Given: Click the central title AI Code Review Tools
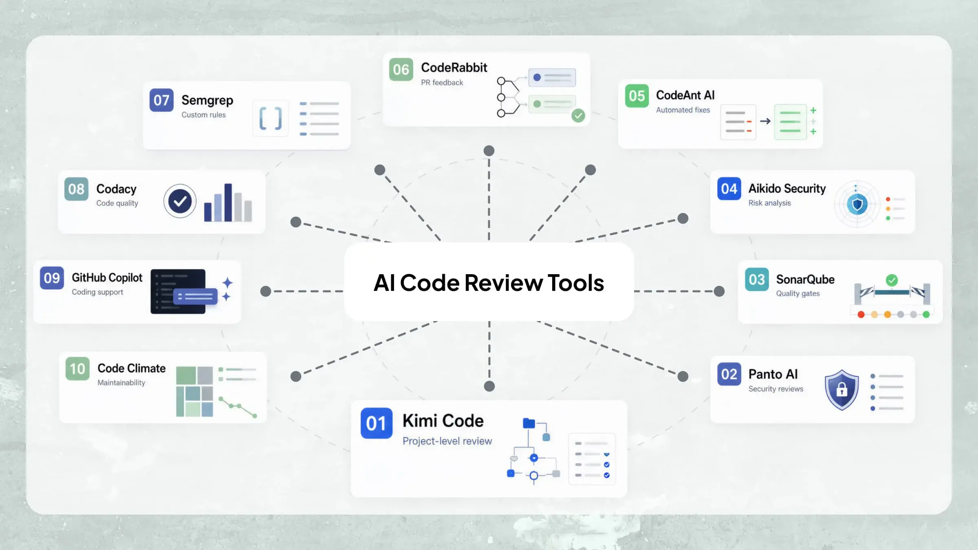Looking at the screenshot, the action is coord(489,283).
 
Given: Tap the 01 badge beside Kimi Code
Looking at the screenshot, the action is coord(376,423).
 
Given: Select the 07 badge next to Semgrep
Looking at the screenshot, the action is coord(161,100).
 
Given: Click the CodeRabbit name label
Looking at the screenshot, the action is coord(454,67).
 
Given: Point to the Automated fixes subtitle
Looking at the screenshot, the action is coord(683,110).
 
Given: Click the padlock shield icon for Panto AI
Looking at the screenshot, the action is coord(841,389).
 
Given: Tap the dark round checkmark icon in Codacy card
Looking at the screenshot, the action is coord(180,201).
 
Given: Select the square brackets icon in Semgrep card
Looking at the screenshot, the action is coord(271,119).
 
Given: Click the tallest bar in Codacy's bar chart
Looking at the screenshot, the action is coord(228,202).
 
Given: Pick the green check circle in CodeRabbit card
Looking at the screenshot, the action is coord(578,116).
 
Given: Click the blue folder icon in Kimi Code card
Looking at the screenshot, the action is coord(529,423).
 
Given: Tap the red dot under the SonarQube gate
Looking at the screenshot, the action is coord(861,315).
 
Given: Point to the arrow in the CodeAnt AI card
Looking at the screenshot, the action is coord(765,121).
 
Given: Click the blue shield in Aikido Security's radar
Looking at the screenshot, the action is coord(857,204).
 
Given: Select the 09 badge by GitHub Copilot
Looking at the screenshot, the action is coord(52,278).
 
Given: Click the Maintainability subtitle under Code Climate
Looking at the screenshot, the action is coord(121,383).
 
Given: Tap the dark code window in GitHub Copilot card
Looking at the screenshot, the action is coord(178,291).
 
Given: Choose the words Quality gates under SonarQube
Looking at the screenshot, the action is coord(797,293).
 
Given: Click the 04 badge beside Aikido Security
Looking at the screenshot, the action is coord(729,189).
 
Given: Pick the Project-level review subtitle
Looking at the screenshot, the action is coord(447,441).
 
